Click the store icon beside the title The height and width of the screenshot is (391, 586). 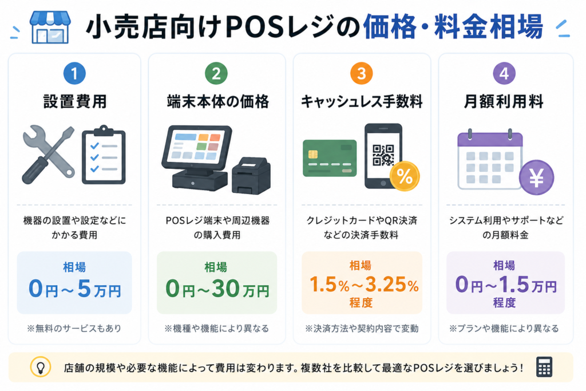[x=50, y=27]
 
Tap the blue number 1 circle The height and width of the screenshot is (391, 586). [x=74, y=73]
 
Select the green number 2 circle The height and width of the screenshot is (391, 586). [x=216, y=73]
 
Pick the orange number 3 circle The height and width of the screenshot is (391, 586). [x=362, y=73]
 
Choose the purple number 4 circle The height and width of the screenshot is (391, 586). [x=504, y=73]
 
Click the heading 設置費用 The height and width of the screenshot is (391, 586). [x=75, y=102]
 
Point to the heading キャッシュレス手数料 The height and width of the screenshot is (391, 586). [x=362, y=102]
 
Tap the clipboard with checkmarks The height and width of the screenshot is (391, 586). [x=104, y=155]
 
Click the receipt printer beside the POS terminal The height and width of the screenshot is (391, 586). [x=251, y=175]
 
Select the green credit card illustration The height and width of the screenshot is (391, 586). [x=330, y=158]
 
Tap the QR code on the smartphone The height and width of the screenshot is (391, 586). [x=383, y=155]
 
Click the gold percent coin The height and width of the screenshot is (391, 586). [x=405, y=176]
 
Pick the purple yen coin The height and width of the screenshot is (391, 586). [x=537, y=177]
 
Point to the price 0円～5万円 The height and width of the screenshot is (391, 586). [x=75, y=289]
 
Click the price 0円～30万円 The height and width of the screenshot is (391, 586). [x=217, y=289]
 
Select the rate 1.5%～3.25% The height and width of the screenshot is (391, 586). [x=364, y=285]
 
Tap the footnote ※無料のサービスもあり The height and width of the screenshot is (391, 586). [x=74, y=328]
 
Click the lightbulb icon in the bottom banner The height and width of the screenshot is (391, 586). [x=41, y=367]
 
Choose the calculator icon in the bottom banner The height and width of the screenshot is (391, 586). [x=544, y=367]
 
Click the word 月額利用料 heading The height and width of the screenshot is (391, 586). [x=504, y=102]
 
